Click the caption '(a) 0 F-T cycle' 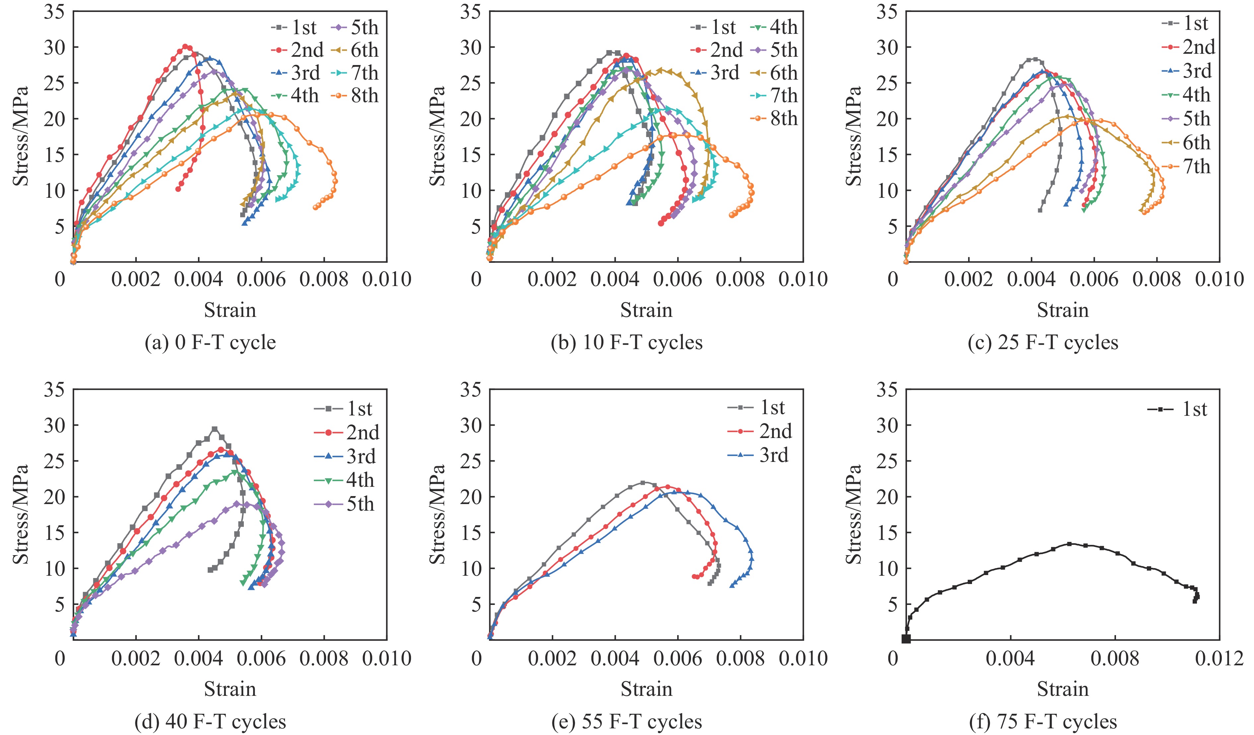(x=210, y=342)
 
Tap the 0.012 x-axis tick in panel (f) (x=1219, y=658)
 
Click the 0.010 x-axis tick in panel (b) (x=803, y=279)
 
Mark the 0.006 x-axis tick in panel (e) (x=677, y=658)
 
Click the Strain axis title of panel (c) (x=1062, y=310)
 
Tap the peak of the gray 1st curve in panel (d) (x=214, y=428)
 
